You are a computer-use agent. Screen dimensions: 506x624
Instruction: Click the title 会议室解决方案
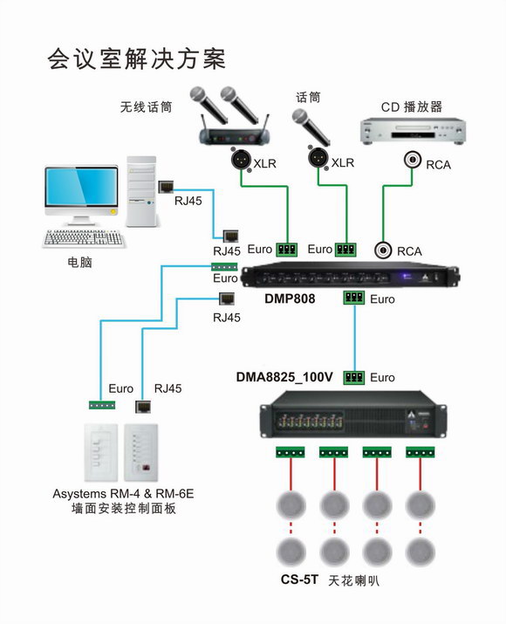click(x=136, y=59)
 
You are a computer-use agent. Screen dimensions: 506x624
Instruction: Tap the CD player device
click(x=413, y=131)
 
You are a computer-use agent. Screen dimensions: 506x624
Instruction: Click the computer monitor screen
click(x=81, y=186)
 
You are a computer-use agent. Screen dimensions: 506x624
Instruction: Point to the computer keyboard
click(x=84, y=238)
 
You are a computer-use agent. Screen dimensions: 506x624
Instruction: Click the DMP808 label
click(x=290, y=298)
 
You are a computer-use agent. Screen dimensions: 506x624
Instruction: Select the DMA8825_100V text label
click(x=284, y=376)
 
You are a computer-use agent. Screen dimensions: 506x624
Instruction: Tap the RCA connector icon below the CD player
click(x=413, y=160)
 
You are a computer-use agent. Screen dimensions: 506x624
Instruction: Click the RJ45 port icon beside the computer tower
click(x=166, y=187)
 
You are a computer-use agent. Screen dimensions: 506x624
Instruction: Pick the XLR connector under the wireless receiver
click(x=241, y=159)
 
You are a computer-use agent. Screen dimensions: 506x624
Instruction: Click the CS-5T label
click(x=299, y=579)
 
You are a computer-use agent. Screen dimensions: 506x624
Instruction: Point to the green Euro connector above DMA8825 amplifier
click(x=353, y=377)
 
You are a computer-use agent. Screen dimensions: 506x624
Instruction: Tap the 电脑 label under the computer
click(x=80, y=263)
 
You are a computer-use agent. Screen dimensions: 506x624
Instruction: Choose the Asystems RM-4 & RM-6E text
click(x=123, y=494)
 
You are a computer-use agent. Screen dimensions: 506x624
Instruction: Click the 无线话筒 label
click(x=146, y=106)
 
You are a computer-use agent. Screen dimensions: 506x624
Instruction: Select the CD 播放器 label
click(x=411, y=106)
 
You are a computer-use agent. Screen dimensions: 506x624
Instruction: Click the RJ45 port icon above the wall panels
click(x=143, y=407)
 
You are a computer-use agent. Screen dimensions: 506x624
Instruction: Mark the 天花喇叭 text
click(x=353, y=580)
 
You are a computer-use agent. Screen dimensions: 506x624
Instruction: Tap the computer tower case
click(x=141, y=191)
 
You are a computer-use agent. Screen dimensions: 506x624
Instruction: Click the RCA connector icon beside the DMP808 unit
click(x=383, y=250)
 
